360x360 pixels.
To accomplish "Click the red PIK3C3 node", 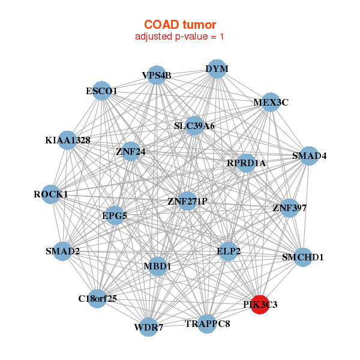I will click(260, 305).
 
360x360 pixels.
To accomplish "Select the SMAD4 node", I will click(309, 156).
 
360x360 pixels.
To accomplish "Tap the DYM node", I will click(217, 69).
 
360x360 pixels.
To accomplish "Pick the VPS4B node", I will click(157, 75).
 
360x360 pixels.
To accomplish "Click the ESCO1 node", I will click(102, 91).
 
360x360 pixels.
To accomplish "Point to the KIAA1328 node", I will click(67, 140).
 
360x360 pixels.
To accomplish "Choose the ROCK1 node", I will click(52, 194).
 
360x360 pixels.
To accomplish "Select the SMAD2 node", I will click(63, 251).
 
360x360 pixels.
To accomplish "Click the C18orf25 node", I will click(98, 298).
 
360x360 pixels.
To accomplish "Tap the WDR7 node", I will click(149, 328).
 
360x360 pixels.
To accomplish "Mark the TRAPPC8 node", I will click(207, 324).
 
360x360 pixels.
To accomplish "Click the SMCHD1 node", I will click(302, 257).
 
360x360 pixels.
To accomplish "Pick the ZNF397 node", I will click(289, 208).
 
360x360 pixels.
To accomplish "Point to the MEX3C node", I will click(271, 102).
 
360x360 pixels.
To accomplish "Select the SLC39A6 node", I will click(194, 126).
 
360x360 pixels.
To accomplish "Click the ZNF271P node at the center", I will click(187, 201).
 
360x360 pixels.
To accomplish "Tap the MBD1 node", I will click(158, 266).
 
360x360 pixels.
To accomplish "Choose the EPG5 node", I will click(115, 215).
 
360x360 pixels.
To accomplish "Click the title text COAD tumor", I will click(179, 25).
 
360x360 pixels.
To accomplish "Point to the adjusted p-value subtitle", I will click(179, 37).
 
